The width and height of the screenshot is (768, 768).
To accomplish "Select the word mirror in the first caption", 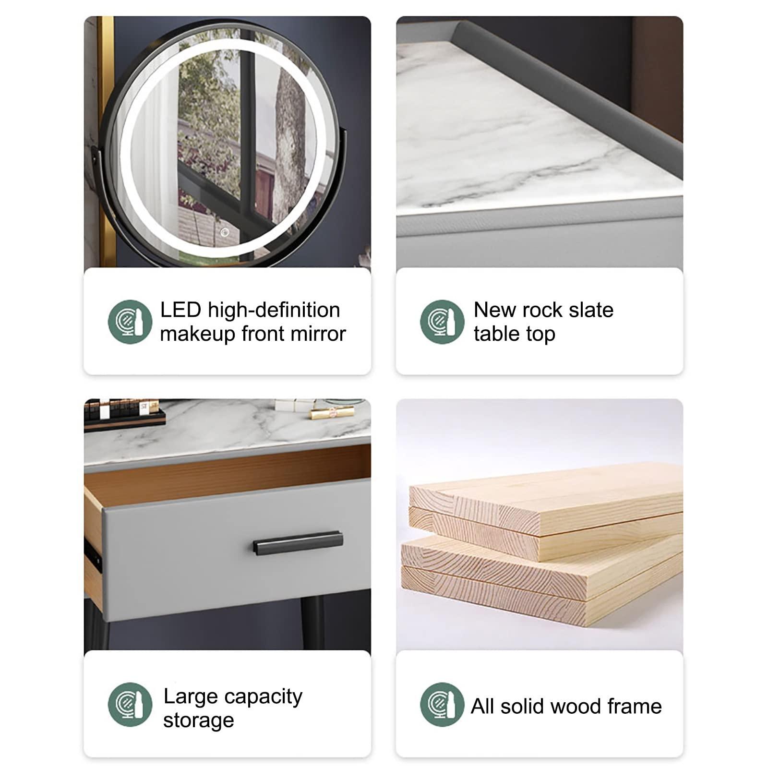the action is [318, 334].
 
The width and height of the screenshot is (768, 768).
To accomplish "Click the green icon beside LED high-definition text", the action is [130, 322].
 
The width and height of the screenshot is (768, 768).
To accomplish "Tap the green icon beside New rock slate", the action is [442, 322].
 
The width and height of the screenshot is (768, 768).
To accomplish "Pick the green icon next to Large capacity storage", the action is [130, 705].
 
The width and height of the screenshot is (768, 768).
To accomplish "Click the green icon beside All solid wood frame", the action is [442, 705].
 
